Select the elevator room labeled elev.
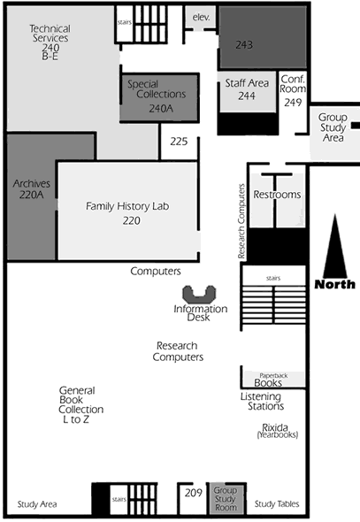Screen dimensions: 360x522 [201, 18]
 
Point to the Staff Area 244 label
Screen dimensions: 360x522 [247, 89]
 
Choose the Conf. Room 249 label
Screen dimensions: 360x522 [293, 90]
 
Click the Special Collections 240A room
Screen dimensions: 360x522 [160, 97]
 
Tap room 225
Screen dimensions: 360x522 [179, 142]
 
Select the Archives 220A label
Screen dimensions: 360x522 [32, 188]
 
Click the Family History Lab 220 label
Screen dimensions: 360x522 [127, 213]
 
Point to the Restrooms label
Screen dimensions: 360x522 [277, 195]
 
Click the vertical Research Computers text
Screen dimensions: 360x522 [241, 221]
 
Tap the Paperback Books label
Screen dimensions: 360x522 [272, 380]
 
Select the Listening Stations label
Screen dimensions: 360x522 [262, 401]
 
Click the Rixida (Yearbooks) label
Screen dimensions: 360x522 [278, 431]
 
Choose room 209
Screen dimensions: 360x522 [194, 493]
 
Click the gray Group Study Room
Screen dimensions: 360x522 [226, 498]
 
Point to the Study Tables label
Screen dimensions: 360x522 [277, 504]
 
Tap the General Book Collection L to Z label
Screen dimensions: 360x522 [80, 404]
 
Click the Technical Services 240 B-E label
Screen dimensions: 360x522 [50, 42]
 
